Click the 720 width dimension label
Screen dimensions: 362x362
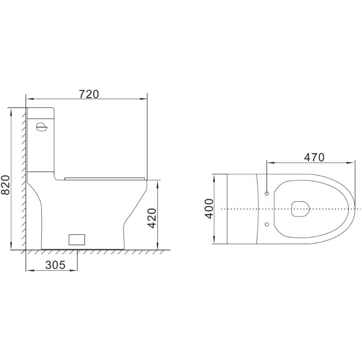pos(88,94)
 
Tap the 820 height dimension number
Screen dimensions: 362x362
pos(5,185)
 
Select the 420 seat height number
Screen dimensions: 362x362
pos(152,218)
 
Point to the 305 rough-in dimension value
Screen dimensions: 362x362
pos(55,265)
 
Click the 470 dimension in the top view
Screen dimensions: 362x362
pos(314,157)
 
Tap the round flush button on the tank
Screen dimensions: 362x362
pos(41,127)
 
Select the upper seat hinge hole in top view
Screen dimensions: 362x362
pos(267,193)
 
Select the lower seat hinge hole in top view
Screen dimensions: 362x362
pos(267,224)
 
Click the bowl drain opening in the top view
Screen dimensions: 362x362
pos(300,209)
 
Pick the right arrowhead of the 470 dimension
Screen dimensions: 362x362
pos(352,163)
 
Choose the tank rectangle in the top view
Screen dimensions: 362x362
pos(242,209)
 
